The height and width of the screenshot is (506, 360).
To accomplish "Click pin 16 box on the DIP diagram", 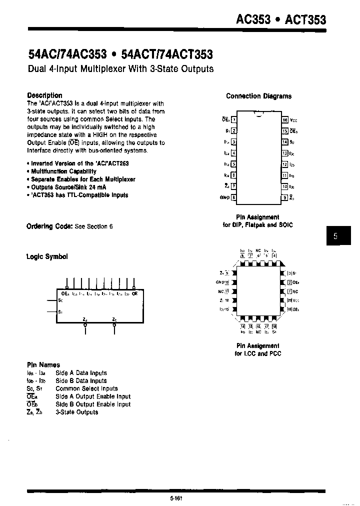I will tap(285, 120).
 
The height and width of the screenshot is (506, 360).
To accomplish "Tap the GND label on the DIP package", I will tap(224, 197).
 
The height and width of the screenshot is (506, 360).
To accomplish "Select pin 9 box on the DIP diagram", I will tap(285, 197).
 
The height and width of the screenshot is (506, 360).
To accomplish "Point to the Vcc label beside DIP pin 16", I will tap(293, 120).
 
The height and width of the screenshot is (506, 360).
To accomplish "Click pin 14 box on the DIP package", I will tap(285, 142).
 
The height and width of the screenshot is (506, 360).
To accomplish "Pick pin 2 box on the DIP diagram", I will tap(233, 131).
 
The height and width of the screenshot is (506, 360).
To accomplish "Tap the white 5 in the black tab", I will tap(335, 236).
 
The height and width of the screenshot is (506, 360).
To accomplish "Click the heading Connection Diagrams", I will tap(258, 96).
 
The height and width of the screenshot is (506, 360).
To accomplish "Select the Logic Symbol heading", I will tap(46, 256).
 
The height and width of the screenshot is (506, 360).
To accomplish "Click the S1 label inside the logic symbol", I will tap(60, 311).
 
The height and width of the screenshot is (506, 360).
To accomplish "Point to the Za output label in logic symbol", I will tap(84, 318).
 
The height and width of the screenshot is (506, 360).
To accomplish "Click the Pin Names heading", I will tap(43, 365).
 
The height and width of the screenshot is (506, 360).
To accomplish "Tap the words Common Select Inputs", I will tap(86, 388).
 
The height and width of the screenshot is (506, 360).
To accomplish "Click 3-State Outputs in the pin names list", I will tap(76, 412).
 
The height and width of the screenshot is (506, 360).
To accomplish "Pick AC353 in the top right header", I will tap(253, 19).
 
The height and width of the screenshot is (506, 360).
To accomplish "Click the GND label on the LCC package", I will tap(222, 282).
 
